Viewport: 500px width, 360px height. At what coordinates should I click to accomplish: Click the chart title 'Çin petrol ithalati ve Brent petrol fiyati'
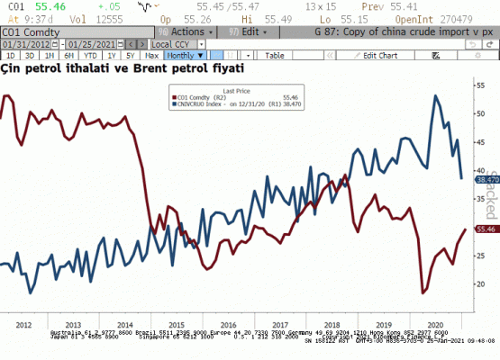pos(123,68)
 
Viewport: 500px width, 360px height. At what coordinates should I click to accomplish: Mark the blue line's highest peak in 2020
pos(436,95)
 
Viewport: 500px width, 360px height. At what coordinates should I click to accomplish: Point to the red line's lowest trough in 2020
pos(423,292)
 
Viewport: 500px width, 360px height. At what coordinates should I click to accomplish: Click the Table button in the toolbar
pos(275,55)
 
